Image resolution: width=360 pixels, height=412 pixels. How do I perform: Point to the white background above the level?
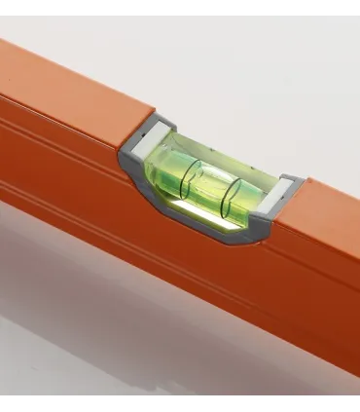click(x=243, y=58)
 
